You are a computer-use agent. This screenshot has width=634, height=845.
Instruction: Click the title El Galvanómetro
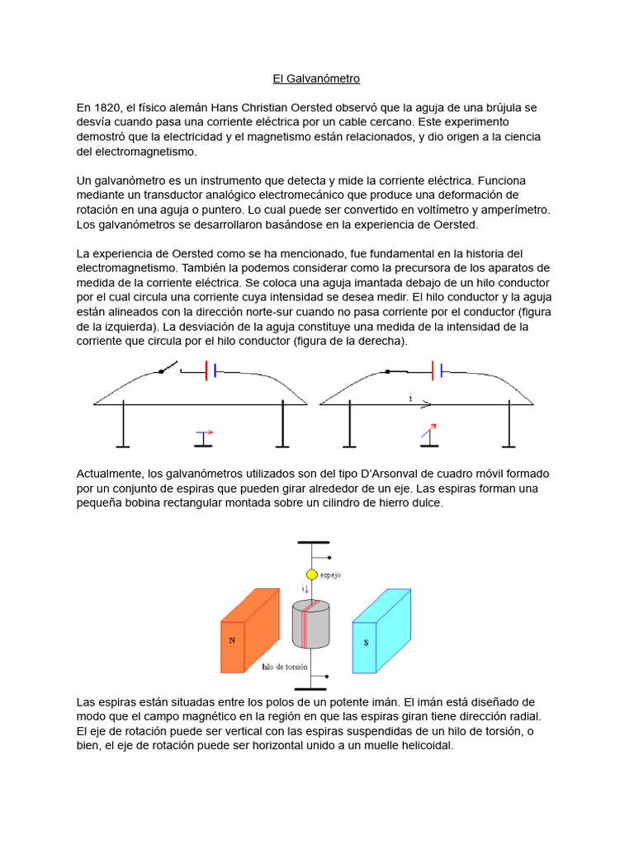point(316,79)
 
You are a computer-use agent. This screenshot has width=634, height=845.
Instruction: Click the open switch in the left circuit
point(168,367)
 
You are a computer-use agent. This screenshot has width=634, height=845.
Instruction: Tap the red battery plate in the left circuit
point(205,372)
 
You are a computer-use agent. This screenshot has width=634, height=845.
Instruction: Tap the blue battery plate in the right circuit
point(441,372)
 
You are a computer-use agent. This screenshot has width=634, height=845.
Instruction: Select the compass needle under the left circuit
point(204,432)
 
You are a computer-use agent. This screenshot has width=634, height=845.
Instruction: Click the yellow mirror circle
point(311,574)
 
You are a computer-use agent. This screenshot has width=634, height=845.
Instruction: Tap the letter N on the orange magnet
point(232,640)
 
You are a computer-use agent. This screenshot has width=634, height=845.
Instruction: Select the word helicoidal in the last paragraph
point(416,745)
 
